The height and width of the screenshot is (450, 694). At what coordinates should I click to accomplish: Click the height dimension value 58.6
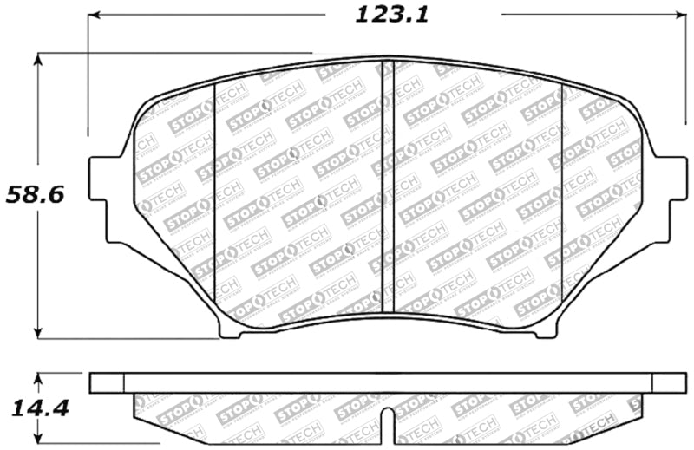(35, 194)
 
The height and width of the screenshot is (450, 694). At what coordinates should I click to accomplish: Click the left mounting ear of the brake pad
(106, 200)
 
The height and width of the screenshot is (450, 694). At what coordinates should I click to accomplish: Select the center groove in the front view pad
(388, 186)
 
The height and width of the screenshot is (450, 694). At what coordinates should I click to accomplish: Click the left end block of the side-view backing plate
(107, 382)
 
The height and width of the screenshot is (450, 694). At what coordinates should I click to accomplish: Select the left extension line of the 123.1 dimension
(88, 78)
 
